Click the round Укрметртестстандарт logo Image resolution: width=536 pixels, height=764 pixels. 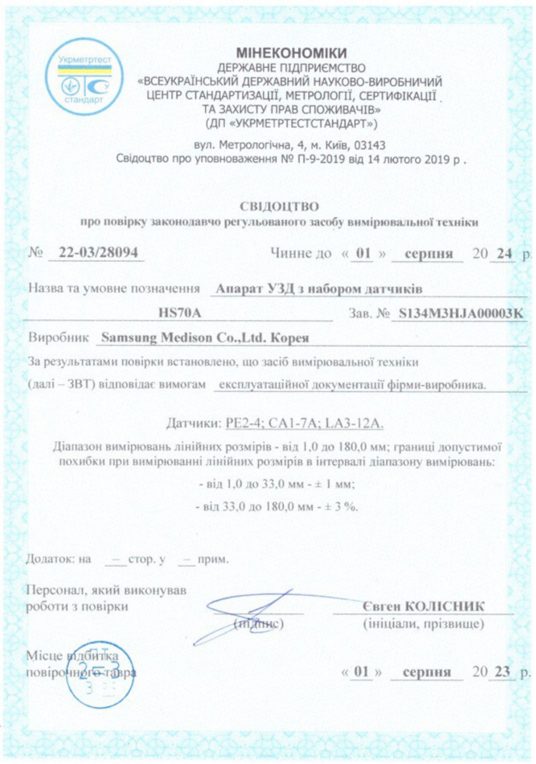84,76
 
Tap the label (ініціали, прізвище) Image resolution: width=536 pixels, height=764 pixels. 423,624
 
